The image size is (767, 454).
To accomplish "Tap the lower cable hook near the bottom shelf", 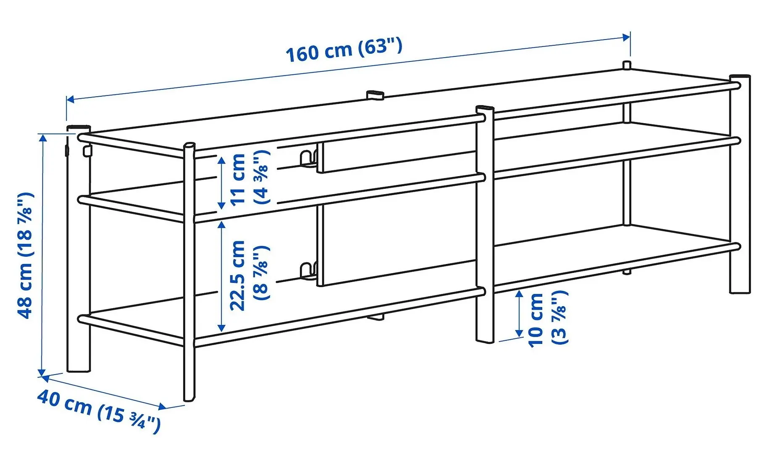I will (x=307, y=271).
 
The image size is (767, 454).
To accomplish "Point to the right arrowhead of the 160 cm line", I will (x=627, y=37).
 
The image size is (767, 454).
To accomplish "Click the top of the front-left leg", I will (x=189, y=146).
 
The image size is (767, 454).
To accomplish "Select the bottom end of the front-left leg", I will (x=189, y=397).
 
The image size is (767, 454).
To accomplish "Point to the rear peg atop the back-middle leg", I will (x=375, y=94).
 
